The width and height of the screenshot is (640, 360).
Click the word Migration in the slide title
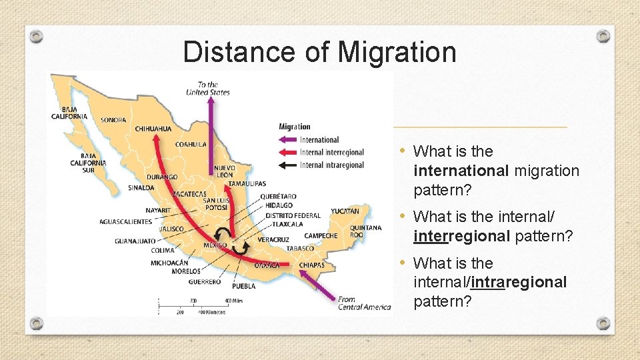pyautogui.click(x=397, y=52)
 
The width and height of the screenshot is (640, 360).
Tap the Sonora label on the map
pyautogui.click(x=113, y=121)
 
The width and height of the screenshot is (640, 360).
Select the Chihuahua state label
pyautogui.click(x=153, y=129)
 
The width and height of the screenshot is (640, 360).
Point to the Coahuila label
pyautogui.click(x=190, y=144)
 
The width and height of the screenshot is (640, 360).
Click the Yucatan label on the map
pyautogui.click(x=345, y=211)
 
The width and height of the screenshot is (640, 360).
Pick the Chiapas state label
pyautogui.click(x=311, y=265)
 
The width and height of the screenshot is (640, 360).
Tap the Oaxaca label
pyautogui.click(x=267, y=265)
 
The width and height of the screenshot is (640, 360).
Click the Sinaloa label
pyautogui.click(x=141, y=188)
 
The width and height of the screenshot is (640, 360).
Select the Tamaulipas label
pyautogui.click(x=247, y=183)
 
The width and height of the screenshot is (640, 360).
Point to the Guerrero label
pyautogui.click(x=204, y=282)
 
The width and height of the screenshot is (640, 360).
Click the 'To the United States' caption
pyautogui.click(x=208, y=89)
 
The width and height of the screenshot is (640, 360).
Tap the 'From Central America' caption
pyautogui.click(x=364, y=303)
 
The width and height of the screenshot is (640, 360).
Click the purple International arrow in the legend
pyautogui.click(x=288, y=140)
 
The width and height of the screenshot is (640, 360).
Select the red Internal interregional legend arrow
pyautogui.click(x=288, y=153)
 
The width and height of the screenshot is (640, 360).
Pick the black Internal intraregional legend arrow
pyautogui.click(x=288, y=165)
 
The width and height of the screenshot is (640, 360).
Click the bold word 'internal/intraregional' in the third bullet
pyautogui.click(x=490, y=283)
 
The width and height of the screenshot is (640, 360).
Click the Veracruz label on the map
pyautogui.click(x=273, y=239)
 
